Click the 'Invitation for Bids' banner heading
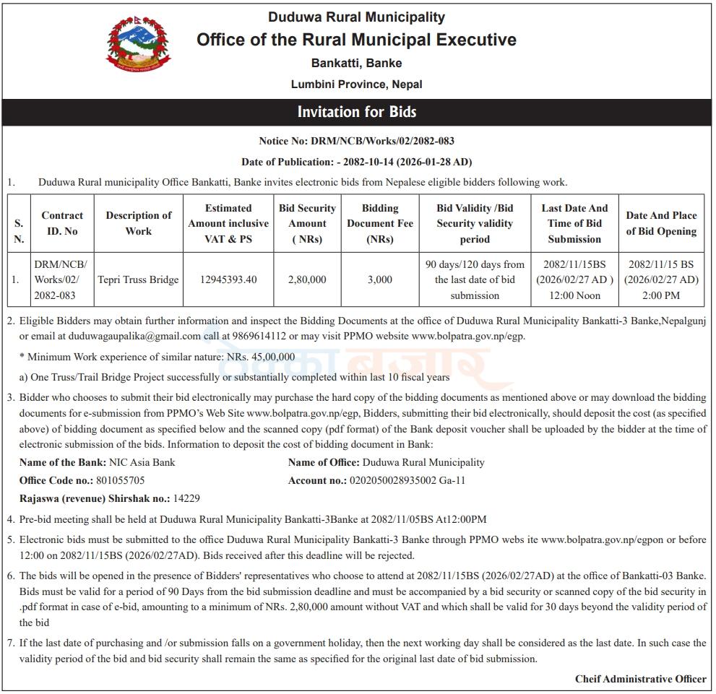click(357, 112)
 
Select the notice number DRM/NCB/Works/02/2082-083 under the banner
click(382, 141)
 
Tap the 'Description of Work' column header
click(139, 223)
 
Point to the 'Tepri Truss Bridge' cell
click(139, 279)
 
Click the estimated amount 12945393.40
click(228, 279)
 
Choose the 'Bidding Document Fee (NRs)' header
click(380, 223)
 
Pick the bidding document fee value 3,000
click(380, 279)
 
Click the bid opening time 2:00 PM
click(661, 295)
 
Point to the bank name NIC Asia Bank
click(142, 462)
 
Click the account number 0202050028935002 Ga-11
click(407, 480)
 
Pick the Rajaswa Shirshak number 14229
click(186, 498)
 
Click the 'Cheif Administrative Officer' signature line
click(640, 679)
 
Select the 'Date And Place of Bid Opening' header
click(661, 223)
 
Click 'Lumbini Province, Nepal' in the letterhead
click(357, 84)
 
